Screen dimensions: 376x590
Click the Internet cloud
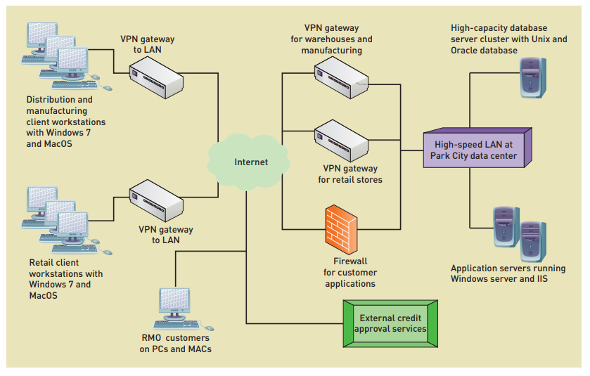(250, 162)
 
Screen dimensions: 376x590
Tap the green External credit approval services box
(390, 323)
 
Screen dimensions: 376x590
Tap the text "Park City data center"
(474, 155)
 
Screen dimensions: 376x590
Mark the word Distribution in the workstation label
(50, 100)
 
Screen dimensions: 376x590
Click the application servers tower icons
(519, 232)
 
